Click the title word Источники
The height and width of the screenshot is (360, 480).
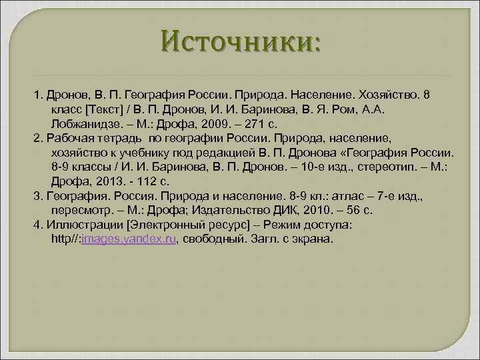(239, 44)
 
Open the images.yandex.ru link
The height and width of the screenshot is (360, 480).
(128, 239)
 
